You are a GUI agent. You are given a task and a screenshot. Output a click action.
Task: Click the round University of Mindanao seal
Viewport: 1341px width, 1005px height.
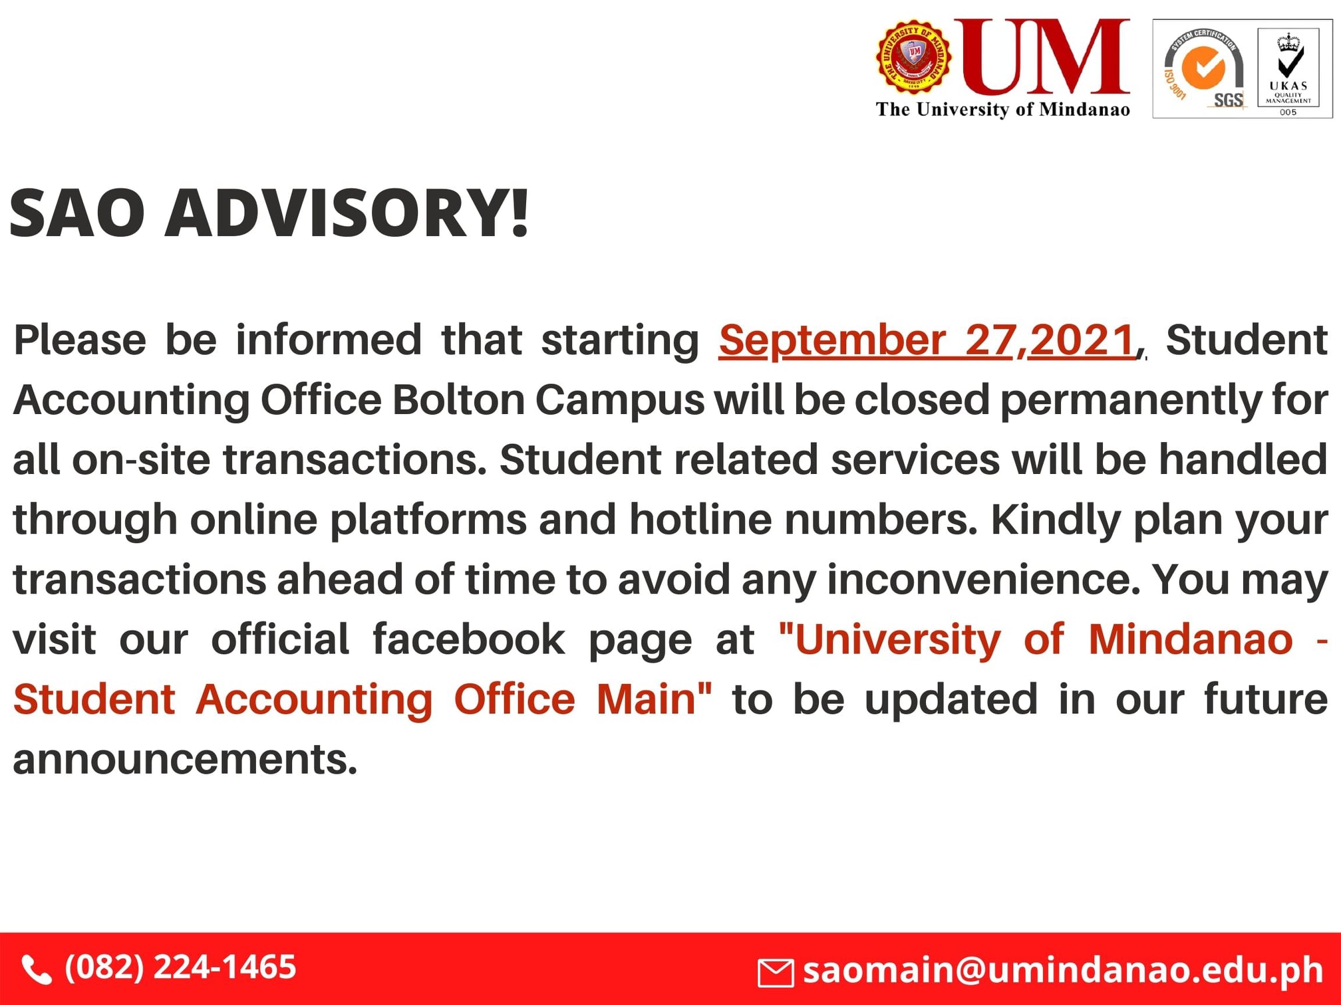tap(913, 57)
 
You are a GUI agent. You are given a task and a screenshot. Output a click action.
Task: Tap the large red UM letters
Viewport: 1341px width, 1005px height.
tap(1043, 57)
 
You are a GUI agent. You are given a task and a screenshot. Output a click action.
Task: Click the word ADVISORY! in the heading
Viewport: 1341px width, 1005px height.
tap(347, 213)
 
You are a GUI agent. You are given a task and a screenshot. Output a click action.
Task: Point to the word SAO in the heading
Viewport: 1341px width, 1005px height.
tap(77, 213)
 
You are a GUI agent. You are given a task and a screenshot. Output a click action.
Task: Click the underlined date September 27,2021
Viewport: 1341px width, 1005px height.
tap(927, 340)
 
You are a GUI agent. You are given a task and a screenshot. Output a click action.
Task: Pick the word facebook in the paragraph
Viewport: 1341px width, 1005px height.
tap(468, 639)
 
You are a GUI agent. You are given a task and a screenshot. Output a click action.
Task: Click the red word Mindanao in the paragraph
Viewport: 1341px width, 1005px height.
tap(1191, 639)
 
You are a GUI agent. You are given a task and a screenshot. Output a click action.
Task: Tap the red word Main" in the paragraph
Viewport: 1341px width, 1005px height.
tap(654, 699)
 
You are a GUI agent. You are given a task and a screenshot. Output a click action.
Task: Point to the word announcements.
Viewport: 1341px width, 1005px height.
tap(185, 759)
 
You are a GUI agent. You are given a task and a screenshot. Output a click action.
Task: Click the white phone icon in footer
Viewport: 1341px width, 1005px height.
tap(37, 970)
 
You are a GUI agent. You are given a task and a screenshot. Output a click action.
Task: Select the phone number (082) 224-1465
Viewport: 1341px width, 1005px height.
tap(180, 967)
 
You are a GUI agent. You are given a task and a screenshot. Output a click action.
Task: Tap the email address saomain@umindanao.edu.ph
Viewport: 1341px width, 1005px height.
tap(1063, 970)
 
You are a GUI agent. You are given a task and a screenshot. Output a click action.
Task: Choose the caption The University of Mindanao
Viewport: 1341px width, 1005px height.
tap(1002, 110)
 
